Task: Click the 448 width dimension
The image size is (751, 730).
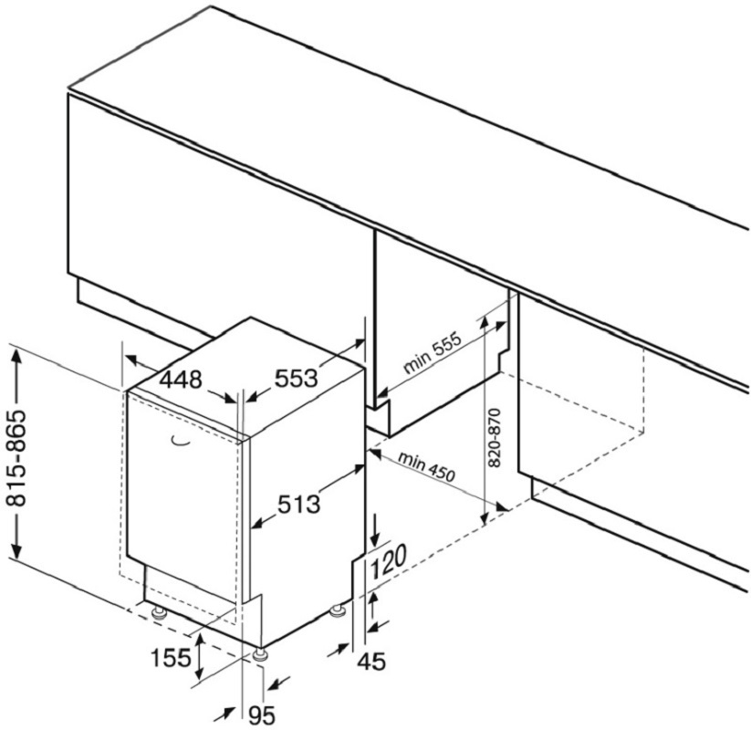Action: click(181, 380)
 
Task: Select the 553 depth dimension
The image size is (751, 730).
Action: click(296, 378)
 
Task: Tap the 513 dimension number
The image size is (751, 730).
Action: click(298, 504)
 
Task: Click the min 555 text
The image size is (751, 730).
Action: click(432, 352)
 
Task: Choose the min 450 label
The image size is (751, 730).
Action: click(426, 466)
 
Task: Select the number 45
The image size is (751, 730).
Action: click(371, 662)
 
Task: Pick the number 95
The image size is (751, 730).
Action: click(263, 716)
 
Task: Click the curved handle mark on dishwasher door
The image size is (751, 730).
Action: click(180, 443)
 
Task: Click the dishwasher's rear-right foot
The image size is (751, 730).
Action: click(339, 612)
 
